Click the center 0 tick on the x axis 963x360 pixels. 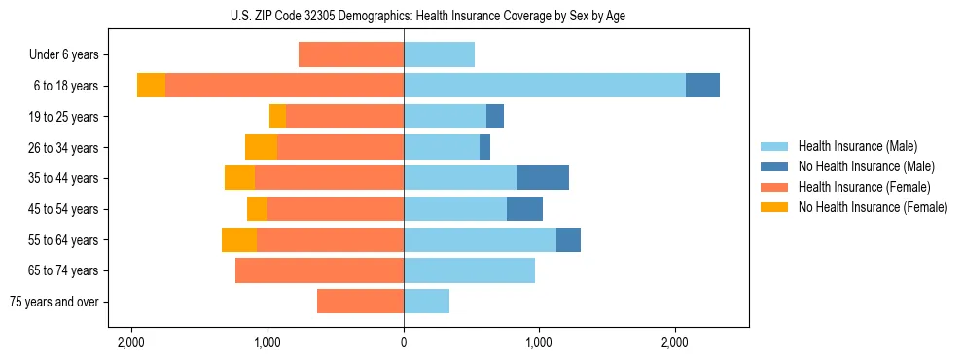pos(404,342)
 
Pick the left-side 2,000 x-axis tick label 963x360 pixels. pos(131,342)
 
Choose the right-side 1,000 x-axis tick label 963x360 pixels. pos(539,342)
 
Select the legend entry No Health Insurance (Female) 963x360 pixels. pos(873,207)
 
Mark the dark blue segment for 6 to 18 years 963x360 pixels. pos(702,86)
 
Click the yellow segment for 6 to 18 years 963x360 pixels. pos(151,86)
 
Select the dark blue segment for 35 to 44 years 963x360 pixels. pos(543,178)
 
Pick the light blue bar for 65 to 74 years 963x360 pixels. pos(469,270)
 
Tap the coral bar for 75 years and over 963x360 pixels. pos(360,302)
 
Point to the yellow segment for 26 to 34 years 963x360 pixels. pos(261,147)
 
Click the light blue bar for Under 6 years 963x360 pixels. pos(439,55)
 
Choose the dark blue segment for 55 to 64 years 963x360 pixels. pos(568,239)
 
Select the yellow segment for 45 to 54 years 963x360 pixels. pos(257,209)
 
